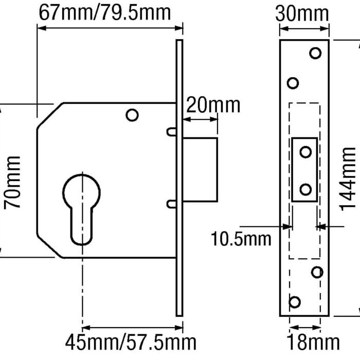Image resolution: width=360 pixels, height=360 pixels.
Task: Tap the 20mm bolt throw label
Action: pos(212,105)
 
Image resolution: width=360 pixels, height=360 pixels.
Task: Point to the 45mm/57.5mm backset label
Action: pos(131,342)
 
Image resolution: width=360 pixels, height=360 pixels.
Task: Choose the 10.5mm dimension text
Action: pos(240,239)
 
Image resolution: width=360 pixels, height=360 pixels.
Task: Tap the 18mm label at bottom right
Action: pos(314,342)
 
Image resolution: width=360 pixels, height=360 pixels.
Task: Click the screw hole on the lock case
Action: pos(132,115)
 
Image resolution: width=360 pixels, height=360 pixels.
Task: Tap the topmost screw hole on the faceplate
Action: pos(315,52)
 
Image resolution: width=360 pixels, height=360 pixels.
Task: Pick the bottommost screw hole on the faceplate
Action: pos(295,301)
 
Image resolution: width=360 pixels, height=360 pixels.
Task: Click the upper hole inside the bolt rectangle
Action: pos(305,152)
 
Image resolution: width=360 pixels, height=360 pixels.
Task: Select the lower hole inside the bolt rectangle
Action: pos(305,189)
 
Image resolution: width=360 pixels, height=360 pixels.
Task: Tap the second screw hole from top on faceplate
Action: pos(293,83)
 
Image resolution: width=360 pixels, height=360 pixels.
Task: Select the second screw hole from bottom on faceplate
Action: pos(317,272)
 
